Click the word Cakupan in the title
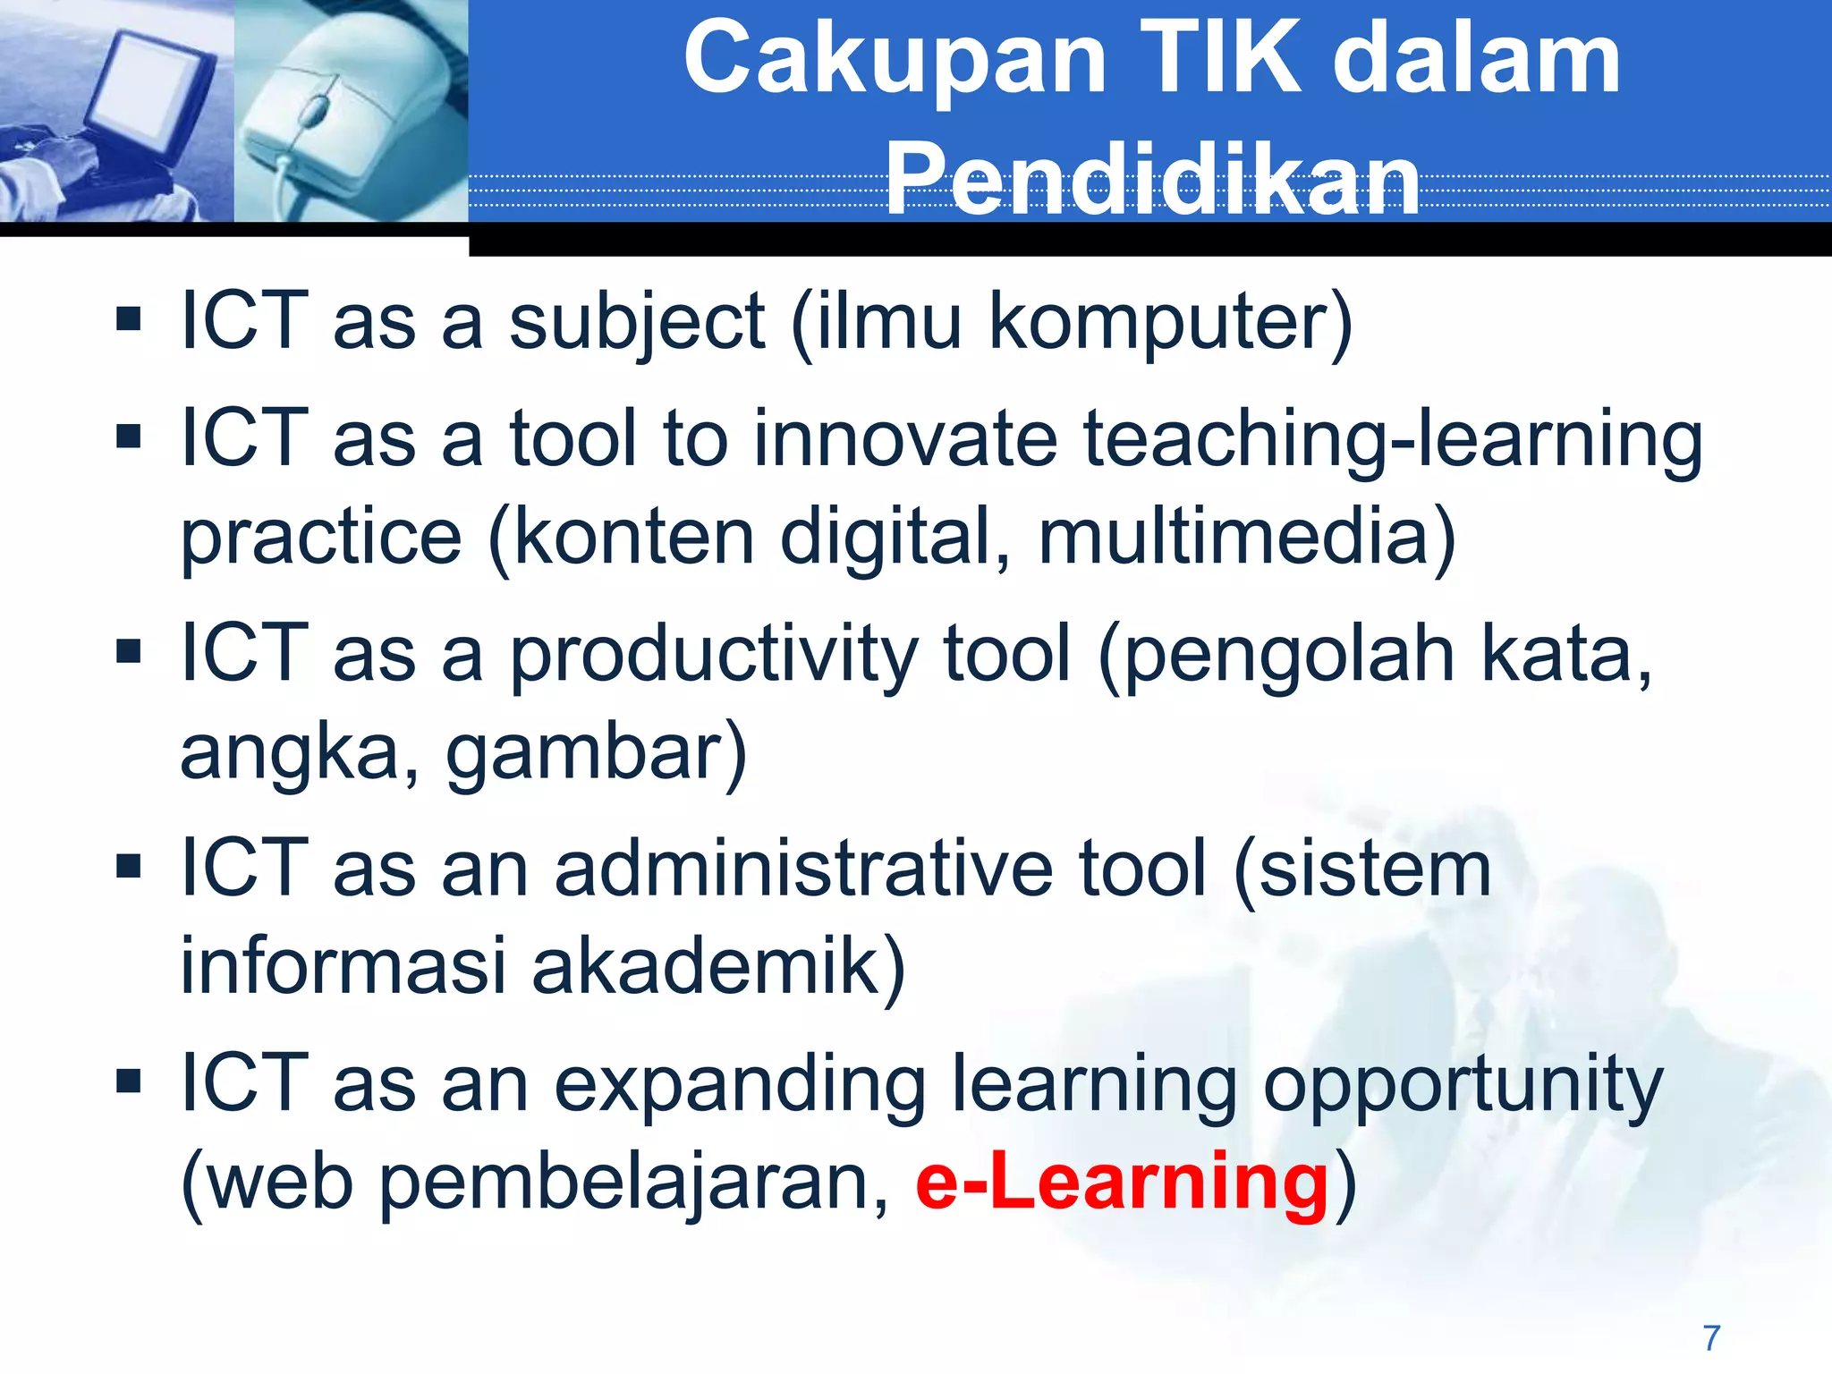pos(895,61)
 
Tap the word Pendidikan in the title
pos(1152,182)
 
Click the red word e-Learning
pos(1122,1183)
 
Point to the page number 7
pos(1711,1338)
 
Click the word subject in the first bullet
pos(637,322)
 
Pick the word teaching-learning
pos(1393,439)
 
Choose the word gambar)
pos(596,753)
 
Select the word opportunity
pos(1462,1085)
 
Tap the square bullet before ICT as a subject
pos(129,319)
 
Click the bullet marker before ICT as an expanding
pos(129,1081)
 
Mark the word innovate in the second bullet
pos(904,439)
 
